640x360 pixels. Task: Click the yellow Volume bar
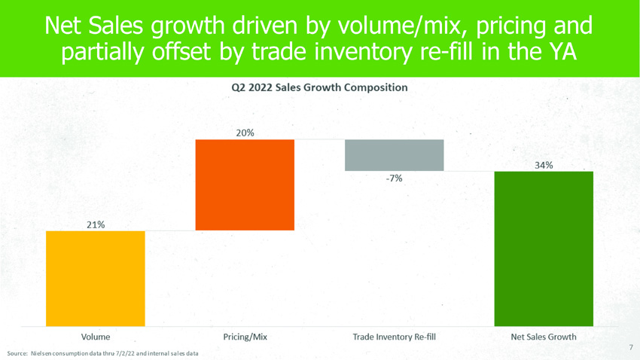pos(95,278)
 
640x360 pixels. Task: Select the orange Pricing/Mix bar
pos(245,185)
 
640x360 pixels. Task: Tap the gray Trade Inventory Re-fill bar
pos(395,155)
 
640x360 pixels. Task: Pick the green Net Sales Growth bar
pos(544,249)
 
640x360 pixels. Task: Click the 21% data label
pos(95,224)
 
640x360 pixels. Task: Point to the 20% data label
pos(245,133)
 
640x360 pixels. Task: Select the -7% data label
pos(395,178)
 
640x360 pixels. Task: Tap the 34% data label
pos(544,164)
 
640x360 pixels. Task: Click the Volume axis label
pos(96,337)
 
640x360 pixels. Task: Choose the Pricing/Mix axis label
pos(245,337)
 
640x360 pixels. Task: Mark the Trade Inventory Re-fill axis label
pos(395,337)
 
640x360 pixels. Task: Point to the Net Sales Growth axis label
pos(544,337)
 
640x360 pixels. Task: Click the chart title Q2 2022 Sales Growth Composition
pos(319,87)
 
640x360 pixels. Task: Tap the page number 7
pos(630,347)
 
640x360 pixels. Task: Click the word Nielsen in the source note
pos(42,353)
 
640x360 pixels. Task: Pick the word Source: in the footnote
pos(17,353)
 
